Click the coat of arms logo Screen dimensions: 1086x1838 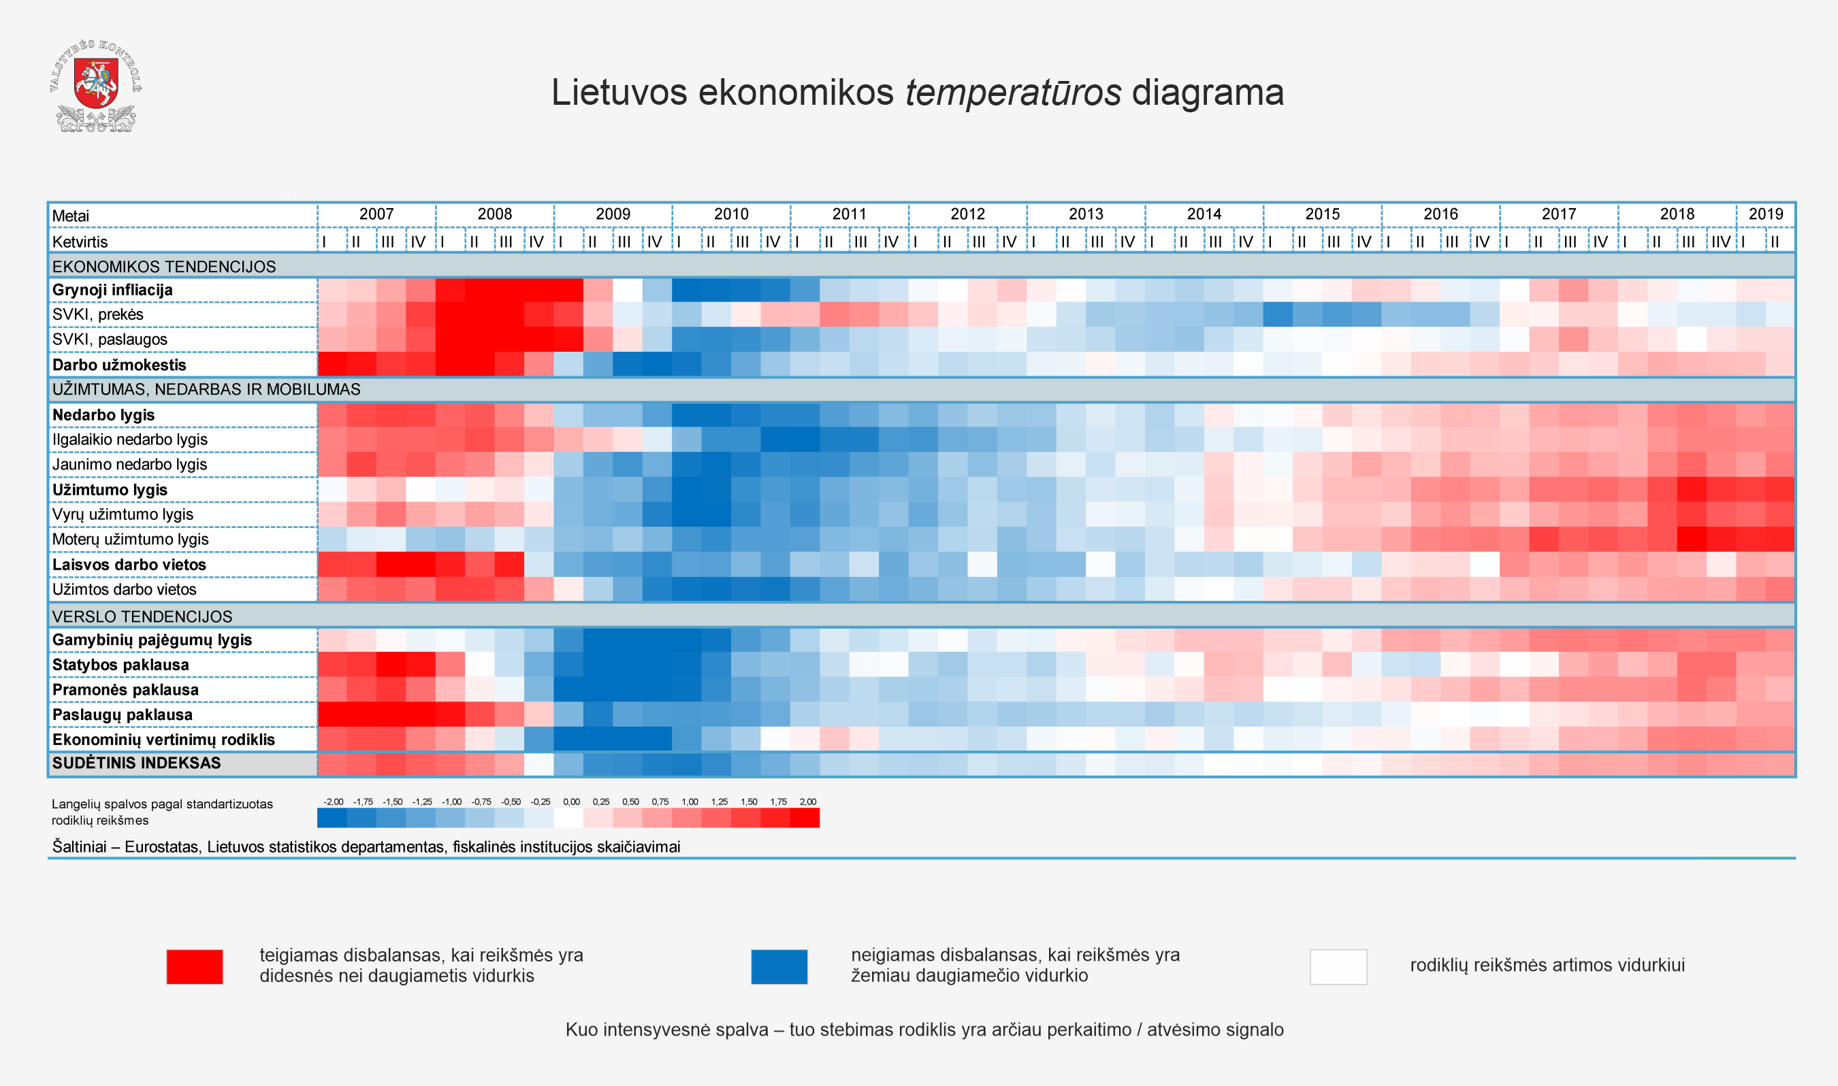(x=96, y=86)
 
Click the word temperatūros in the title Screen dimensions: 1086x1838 (x=1012, y=93)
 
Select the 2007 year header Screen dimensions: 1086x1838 (x=376, y=214)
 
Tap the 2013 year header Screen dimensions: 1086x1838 (x=1086, y=214)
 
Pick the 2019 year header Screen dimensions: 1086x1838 (x=1766, y=214)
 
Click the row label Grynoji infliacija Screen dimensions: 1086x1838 (x=112, y=291)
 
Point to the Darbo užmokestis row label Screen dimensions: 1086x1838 (x=119, y=365)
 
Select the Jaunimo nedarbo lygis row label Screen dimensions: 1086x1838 (x=129, y=465)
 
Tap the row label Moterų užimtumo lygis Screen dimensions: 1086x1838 (x=130, y=540)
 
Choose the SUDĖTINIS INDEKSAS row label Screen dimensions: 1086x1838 (x=136, y=763)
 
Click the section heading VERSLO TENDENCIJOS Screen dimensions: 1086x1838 (x=142, y=617)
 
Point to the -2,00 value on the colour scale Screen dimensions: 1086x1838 (x=333, y=802)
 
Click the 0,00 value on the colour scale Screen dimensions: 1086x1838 (x=571, y=802)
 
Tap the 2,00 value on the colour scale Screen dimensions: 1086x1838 (x=807, y=802)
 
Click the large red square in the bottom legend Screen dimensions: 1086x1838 (x=195, y=967)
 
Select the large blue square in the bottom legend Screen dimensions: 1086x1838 (x=779, y=967)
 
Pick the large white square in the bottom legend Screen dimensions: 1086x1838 (x=1338, y=967)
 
